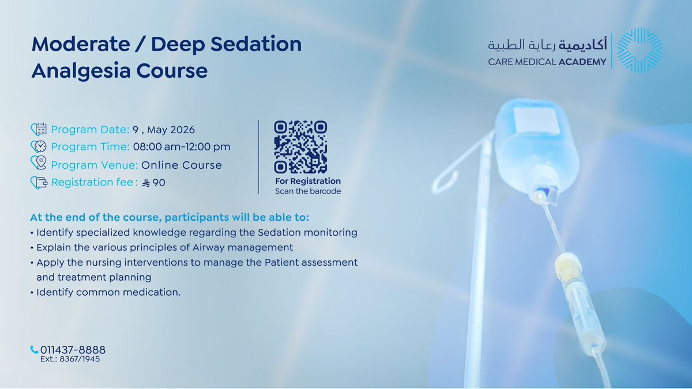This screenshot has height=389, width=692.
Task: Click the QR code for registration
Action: (300, 147)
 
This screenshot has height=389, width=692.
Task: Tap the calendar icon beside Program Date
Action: (39, 129)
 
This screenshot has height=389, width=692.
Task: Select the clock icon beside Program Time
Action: (39, 146)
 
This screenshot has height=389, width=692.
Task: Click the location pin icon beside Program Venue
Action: (39, 164)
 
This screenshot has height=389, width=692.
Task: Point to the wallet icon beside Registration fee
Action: (39, 183)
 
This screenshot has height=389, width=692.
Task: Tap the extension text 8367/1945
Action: (82, 359)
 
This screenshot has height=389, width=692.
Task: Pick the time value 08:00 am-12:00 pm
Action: (182, 146)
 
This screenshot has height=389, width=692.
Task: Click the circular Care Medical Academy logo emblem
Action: (640, 51)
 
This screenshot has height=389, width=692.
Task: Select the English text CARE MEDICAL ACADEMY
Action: (547, 62)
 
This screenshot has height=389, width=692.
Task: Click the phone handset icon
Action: (34, 350)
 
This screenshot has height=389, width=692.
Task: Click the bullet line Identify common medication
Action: (108, 292)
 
